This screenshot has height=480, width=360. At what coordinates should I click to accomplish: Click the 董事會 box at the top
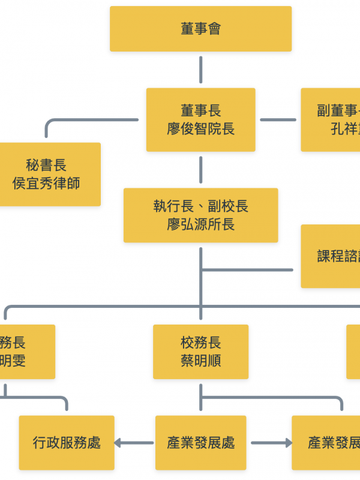tap(200, 29)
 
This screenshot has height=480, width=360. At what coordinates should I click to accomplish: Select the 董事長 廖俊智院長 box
tap(200, 119)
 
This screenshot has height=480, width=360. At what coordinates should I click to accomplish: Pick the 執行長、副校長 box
tap(200, 215)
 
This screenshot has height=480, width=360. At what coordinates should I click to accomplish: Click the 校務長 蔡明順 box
tap(200, 352)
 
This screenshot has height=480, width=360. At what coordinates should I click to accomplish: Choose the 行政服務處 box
tap(67, 443)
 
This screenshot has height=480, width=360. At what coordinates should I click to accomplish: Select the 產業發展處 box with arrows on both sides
tap(200, 443)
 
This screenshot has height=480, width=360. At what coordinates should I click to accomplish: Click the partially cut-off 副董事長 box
tap(331, 119)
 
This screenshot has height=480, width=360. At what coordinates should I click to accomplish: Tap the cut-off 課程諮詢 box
tap(331, 256)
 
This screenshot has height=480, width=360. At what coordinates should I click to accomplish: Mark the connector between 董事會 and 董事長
tap(200, 70)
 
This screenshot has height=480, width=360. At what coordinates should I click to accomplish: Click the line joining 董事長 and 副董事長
tap(278, 119)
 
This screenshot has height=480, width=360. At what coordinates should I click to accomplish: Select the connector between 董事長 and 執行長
tap(200, 170)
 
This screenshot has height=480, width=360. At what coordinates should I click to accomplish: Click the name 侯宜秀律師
tap(46, 183)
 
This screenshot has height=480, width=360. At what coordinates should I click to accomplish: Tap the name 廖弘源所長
tap(200, 224)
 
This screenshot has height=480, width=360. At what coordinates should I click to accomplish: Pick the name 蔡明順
tap(200, 361)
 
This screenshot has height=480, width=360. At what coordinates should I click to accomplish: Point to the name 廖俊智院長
tap(200, 129)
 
